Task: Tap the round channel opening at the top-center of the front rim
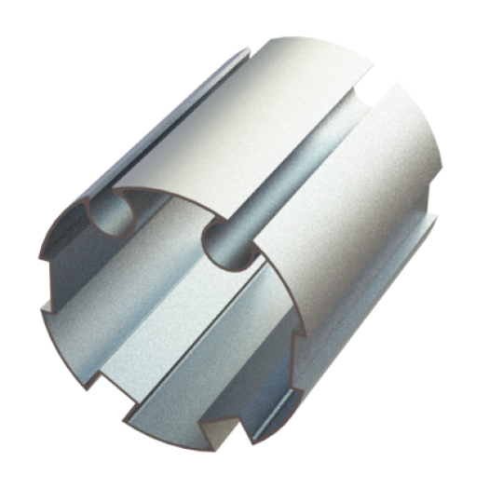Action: [x=224, y=244]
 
